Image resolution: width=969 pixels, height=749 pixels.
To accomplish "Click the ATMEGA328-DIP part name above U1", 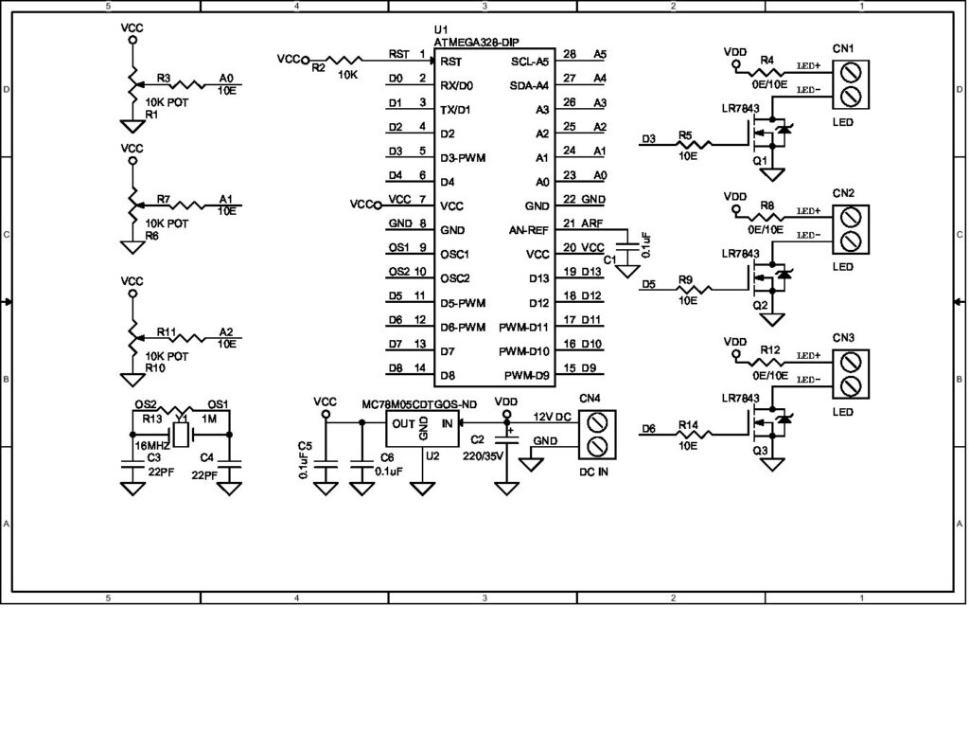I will [480, 43].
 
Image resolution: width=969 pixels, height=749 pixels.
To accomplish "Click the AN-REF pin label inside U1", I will [529, 230].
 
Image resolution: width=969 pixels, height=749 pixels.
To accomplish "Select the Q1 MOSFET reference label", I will [759, 161].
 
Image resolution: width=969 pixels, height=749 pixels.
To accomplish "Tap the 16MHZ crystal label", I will [151, 444].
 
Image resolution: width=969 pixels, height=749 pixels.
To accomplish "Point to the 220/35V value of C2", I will [484, 454].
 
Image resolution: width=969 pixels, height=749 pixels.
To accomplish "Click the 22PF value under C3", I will [160, 470].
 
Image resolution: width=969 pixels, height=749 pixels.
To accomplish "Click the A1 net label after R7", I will [225, 199].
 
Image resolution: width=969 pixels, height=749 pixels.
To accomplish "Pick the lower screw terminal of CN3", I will [849, 385].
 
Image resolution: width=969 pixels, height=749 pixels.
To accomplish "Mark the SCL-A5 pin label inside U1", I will [530, 62].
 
